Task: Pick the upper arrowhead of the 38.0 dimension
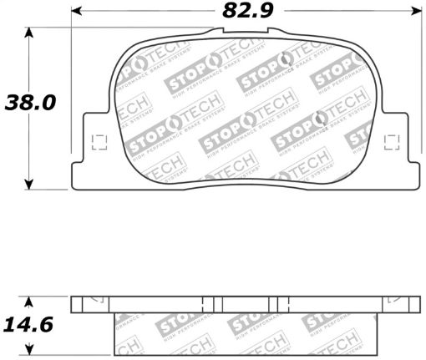click(30, 32)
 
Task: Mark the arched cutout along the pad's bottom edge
click(245, 177)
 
